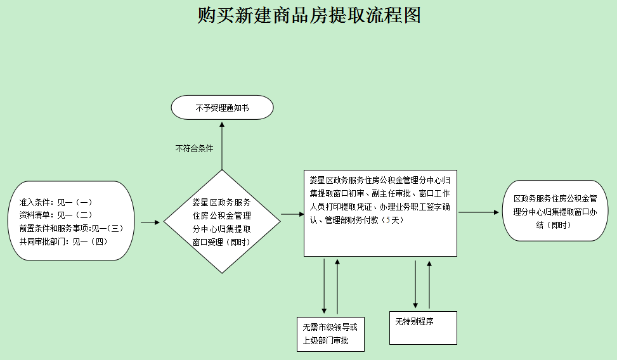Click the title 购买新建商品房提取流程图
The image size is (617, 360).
point(309,15)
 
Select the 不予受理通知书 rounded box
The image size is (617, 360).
point(222,108)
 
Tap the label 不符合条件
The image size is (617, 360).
point(194,148)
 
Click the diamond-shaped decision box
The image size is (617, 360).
point(222,222)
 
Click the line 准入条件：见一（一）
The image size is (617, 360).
point(56,202)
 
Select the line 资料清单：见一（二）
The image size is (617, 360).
point(56,215)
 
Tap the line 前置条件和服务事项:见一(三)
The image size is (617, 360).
point(70,228)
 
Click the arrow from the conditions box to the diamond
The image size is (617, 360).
point(150,222)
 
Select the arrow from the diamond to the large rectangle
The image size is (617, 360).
point(292,214)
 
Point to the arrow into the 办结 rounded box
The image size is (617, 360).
point(479,212)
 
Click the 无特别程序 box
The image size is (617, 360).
point(423,327)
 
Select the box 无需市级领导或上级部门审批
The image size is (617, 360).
point(330,334)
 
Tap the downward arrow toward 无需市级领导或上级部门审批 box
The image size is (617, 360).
point(324,285)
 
